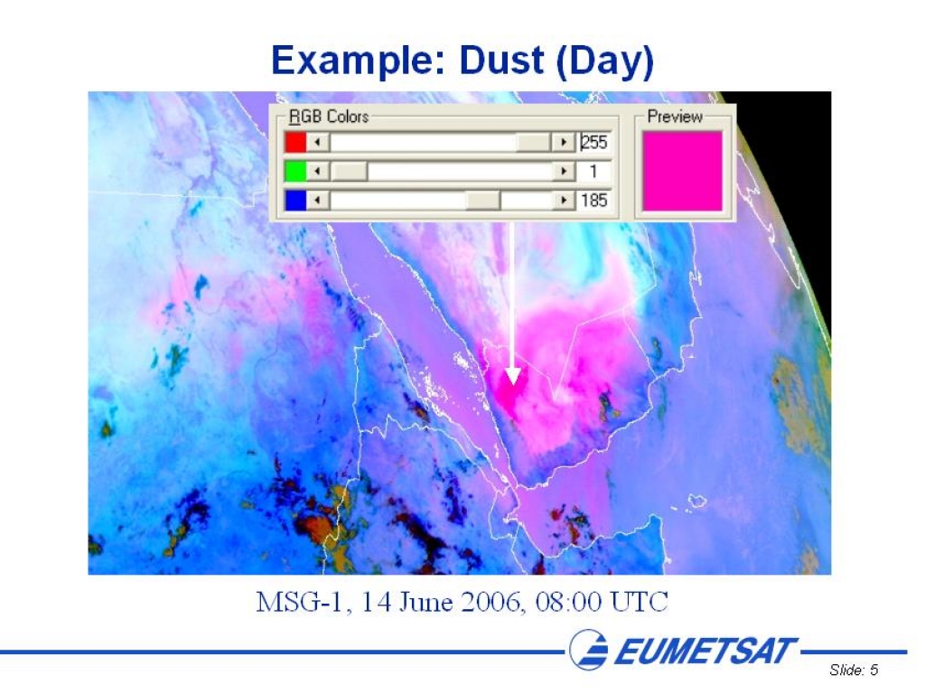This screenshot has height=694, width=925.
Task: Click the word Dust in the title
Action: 501,61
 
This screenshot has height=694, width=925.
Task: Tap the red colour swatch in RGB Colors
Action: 295,142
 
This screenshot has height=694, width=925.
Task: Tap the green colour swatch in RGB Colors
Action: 295,171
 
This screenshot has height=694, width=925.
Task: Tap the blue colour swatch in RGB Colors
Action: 295,200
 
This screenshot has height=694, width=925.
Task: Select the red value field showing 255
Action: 594,142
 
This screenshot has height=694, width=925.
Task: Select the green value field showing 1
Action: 594,171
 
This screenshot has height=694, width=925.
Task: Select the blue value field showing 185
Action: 594,200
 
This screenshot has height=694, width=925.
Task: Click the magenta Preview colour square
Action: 683,171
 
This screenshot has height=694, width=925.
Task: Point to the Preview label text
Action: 675,117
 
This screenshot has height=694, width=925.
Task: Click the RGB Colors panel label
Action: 329,117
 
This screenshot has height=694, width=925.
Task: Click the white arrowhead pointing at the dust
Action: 513,376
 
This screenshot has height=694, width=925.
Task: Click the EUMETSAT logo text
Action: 705,651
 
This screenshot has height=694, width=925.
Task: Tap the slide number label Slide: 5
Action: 854,670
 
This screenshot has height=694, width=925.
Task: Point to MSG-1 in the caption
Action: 300,603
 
